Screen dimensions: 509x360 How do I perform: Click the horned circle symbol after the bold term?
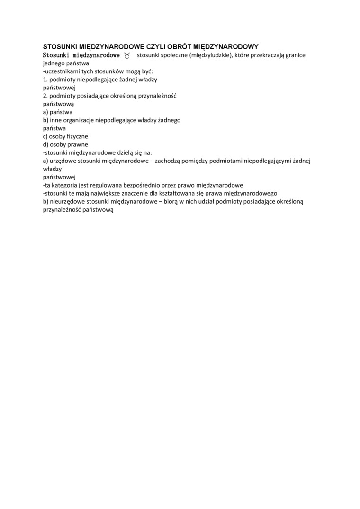point(127,55)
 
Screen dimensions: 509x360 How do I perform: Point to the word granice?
point(295,55)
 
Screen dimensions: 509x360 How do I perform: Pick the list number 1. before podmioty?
point(45,79)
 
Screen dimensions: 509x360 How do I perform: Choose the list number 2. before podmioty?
point(45,96)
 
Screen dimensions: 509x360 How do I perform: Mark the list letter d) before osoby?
point(46,144)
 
